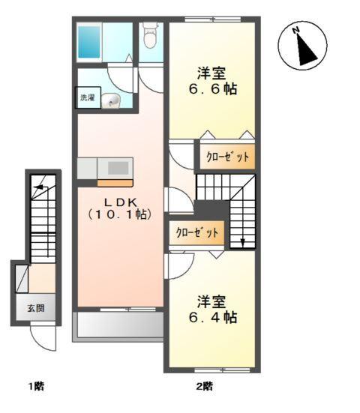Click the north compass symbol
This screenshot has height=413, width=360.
(304, 47)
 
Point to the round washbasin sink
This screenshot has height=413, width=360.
(112, 100)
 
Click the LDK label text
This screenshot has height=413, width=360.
(120, 200)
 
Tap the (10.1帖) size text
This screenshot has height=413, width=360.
(120, 214)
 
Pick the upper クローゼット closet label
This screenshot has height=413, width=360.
(226, 157)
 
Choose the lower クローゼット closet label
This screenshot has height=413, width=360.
(198, 233)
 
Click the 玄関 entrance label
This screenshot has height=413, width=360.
(36, 309)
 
